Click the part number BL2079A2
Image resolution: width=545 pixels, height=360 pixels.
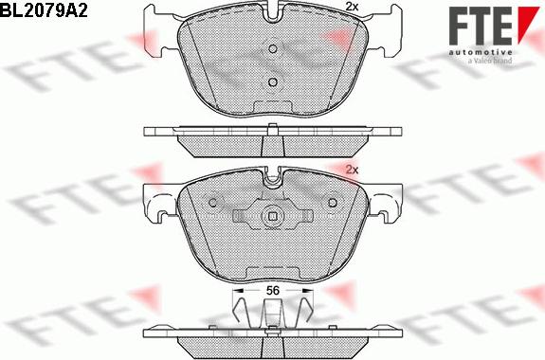click(x=44, y=10)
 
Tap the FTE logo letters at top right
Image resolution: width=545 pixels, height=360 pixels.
click(x=481, y=26)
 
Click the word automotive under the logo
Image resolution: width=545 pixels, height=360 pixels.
click(x=481, y=52)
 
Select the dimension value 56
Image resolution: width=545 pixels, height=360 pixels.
click(x=273, y=290)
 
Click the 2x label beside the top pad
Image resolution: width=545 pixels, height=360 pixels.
click(x=352, y=7)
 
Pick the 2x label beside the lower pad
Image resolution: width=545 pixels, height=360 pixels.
click(x=352, y=170)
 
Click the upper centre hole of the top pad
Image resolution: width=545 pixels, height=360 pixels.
click(x=273, y=49)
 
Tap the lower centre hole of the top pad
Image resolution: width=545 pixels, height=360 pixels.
click(x=273, y=82)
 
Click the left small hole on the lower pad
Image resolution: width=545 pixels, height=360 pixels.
click(x=213, y=202)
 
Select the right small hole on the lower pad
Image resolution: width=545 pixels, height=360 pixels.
click(x=333, y=202)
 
